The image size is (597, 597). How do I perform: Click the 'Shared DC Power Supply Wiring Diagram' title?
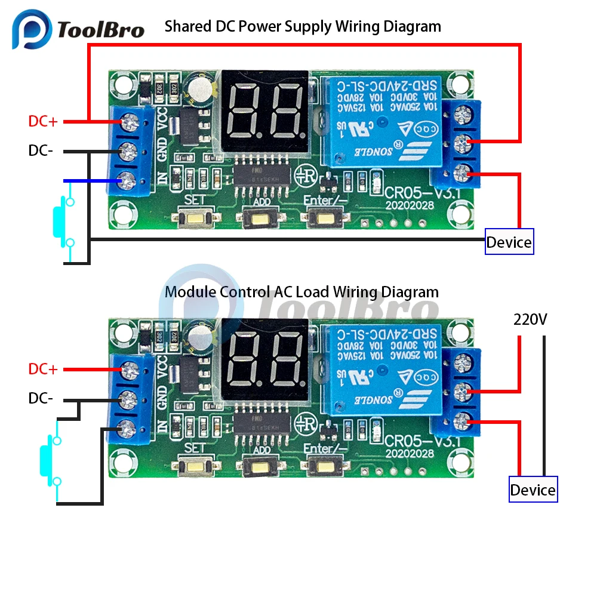303,26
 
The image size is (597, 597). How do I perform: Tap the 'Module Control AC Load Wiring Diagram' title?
301,292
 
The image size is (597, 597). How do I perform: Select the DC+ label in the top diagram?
43,121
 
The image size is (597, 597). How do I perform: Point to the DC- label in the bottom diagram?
41,398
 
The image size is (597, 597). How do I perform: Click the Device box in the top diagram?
509,242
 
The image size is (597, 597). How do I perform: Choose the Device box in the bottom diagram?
533,490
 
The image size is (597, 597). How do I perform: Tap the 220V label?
530,319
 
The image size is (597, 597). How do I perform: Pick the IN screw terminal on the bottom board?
127,427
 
